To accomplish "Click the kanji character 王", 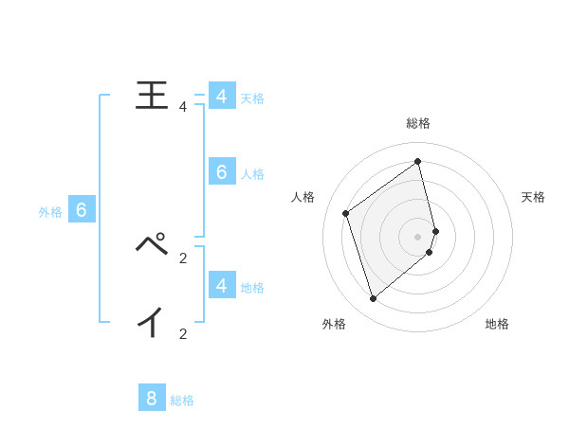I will [x=153, y=96].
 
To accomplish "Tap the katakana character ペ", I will [x=152, y=244].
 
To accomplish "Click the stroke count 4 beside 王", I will [x=183, y=107].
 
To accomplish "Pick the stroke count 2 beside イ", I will [x=183, y=333].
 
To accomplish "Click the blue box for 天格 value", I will [x=221, y=97].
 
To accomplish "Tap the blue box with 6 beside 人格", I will [x=221, y=171].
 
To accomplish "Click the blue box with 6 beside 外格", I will [x=81, y=210].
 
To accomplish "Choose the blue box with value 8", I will [x=152, y=398].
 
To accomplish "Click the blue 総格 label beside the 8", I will [x=182, y=400].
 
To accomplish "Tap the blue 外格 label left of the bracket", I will [x=50, y=213].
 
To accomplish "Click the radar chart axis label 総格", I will [x=418, y=124].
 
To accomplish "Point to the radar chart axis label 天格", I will [x=533, y=197].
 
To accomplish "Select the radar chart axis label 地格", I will [x=497, y=325].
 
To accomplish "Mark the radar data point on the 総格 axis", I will [x=418, y=161].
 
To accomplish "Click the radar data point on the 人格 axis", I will [x=346, y=213].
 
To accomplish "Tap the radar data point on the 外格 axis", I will [x=373, y=299].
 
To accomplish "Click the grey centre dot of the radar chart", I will [x=418, y=236].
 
